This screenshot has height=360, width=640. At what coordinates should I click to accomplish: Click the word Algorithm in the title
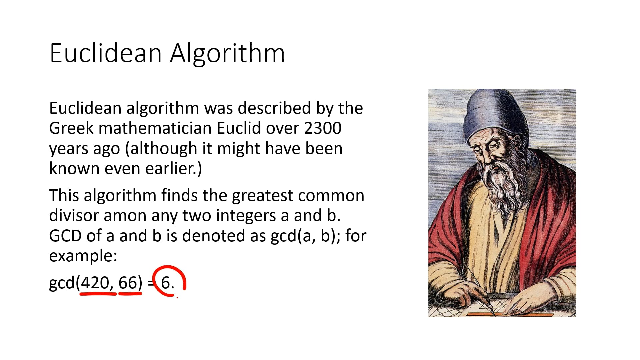227,53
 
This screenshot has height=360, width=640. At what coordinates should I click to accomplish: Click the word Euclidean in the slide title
106,53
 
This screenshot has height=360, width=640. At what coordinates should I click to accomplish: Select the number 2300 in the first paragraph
323,128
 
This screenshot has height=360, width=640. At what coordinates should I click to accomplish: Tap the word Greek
71,128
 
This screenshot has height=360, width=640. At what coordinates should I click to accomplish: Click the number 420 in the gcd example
95,283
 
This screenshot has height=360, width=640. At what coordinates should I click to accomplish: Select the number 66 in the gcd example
128,283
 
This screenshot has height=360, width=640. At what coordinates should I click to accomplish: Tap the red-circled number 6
166,283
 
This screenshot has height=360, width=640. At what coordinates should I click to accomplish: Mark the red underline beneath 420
98,294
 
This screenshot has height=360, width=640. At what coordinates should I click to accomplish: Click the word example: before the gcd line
83,256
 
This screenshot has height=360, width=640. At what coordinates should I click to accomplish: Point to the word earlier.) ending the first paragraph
173,169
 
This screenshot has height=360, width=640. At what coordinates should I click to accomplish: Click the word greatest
262,196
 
